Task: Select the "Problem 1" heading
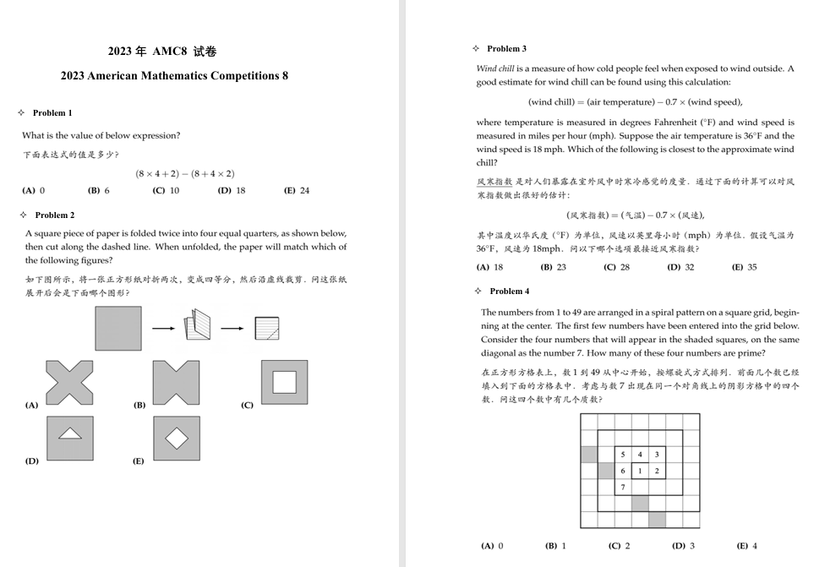point(52,112)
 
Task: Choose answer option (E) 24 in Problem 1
point(297,190)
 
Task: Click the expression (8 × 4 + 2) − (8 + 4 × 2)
point(184,173)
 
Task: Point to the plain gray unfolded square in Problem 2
point(118,328)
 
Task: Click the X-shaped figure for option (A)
point(69,382)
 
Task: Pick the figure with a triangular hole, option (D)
point(69,438)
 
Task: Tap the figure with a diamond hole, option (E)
point(176,438)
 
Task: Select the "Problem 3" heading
point(506,48)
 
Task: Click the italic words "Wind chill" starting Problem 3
point(495,68)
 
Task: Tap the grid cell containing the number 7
point(623,488)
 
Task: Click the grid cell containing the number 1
point(640,471)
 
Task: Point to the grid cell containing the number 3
point(657,455)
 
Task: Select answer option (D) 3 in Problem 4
point(683,546)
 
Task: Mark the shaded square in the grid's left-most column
point(589,455)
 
